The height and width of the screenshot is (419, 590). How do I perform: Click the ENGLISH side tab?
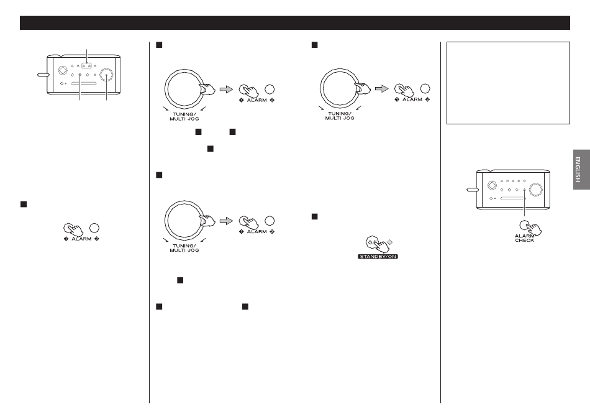[x=581, y=170]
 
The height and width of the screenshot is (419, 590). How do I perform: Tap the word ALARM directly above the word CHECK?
[x=525, y=236]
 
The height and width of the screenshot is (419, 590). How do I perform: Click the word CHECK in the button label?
[x=525, y=240]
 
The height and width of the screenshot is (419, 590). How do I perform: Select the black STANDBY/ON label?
[x=378, y=257]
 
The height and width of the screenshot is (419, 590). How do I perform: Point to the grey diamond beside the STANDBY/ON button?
[x=390, y=242]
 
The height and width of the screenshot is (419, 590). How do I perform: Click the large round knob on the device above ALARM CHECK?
[x=536, y=190]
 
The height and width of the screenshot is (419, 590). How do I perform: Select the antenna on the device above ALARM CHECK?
[x=472, y=190]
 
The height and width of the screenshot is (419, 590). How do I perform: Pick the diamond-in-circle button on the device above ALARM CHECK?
[x=492, y=185]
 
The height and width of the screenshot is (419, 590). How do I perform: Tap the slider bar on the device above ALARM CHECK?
[x=512, y=198]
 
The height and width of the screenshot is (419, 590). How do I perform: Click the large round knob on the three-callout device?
[x=107, y=75]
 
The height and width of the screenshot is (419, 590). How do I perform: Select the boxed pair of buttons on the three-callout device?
[x=87, y=65]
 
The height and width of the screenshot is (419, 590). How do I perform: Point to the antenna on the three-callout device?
[x=43, y=75]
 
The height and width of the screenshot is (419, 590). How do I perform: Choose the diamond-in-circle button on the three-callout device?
[x=63, y=71]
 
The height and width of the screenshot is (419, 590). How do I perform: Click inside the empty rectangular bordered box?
[x=508, y=83]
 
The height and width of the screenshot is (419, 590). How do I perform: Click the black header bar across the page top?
[x=295, y=22]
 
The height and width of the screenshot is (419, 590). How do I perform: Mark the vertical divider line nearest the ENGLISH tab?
[x=440, y=223]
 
